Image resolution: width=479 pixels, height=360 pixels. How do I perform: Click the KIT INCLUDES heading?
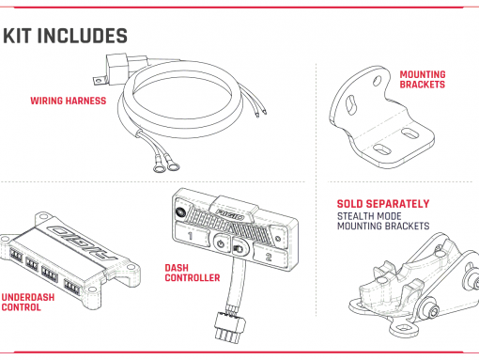pyautogui.click(x=65, y=36)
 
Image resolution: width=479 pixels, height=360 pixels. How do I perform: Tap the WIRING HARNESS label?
pyautogui.click(x=69, y=101)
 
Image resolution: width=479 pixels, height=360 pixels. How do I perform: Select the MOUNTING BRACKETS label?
pyautogui.click(x=423, y=80)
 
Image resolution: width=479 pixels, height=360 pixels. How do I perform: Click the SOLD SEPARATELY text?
pyautogui.click(x=383, y=204)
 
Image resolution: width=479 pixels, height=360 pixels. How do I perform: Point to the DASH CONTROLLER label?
pyautogui.click(x=193, y=273)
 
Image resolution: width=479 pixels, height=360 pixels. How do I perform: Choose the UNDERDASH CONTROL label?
pyautogui.click(x=28, y=302)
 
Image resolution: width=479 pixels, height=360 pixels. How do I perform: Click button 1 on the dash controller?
pyautogui.click(x=190, y=236)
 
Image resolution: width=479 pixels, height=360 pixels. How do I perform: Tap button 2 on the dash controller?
pyautogui.click(x=269, y=257)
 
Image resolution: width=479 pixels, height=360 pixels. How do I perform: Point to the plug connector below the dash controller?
pyautogui.click(x=230, y=326)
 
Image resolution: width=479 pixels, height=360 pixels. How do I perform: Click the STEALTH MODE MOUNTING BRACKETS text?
pyautogui.click(x=383, y=221)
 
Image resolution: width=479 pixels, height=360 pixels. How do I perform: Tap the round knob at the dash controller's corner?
pyautogui.click(x=180, y=212)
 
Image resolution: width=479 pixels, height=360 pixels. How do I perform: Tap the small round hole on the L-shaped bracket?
pyautogui.click(x=377, y=81)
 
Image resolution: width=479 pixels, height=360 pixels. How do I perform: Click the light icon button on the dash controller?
pyautogui.click(x=239, y=248)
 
